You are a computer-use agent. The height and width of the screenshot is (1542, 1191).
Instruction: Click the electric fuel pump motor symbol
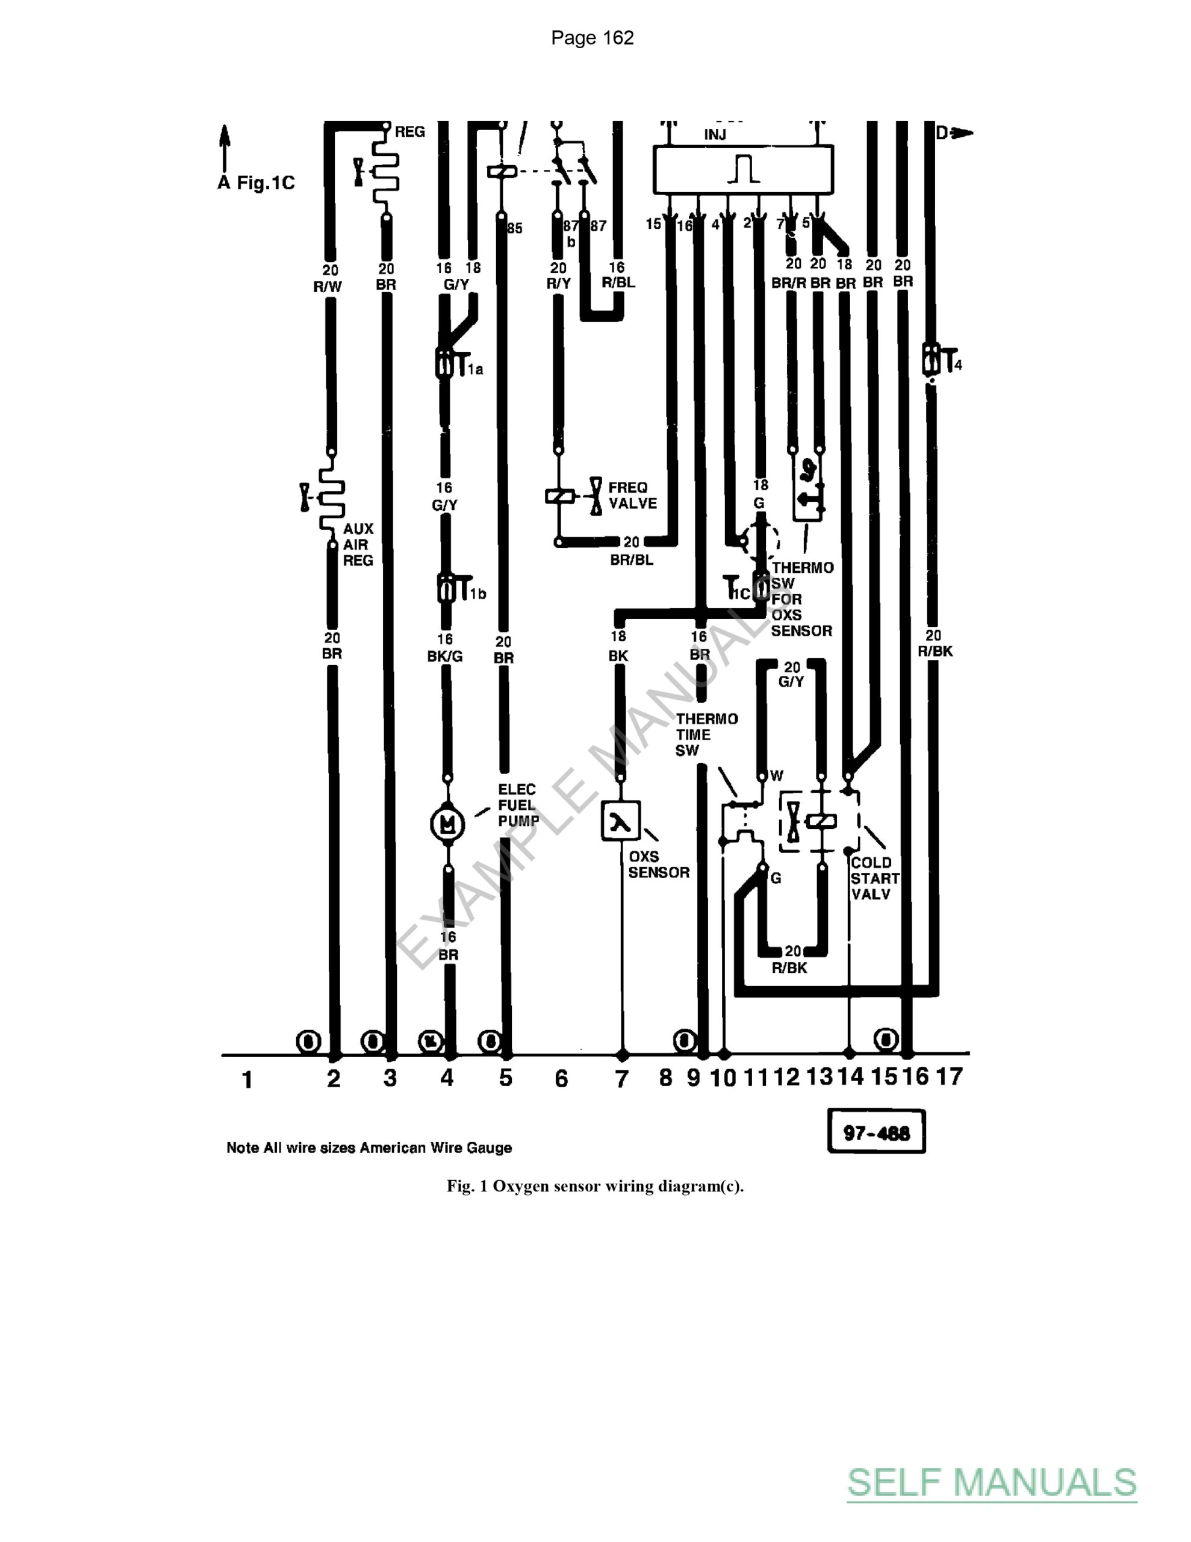pos(447,823)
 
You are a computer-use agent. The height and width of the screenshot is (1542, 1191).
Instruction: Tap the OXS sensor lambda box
pos(621,820)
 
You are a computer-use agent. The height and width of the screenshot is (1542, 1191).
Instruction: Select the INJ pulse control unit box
pos(742,169)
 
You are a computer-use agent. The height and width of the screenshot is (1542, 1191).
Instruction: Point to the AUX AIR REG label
pos(358,545)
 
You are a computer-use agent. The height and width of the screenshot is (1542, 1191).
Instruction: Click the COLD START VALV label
pos(875,878)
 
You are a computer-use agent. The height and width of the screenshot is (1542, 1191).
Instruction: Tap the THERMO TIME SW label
pos(706,734)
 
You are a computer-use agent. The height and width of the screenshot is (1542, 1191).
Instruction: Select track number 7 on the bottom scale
pos(621,1078)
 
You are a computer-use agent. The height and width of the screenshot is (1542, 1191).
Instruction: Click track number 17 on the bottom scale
pos(949,1077)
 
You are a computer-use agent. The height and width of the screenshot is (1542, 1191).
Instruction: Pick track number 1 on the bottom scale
pos(247,1079)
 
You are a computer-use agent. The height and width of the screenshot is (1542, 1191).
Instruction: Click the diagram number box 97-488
pos(876,1133)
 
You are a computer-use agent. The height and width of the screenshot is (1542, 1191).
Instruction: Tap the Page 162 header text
pos(592,38)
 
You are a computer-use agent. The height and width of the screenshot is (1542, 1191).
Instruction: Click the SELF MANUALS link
pos(992,1482)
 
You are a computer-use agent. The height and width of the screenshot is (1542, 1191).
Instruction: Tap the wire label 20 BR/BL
pos(632,551)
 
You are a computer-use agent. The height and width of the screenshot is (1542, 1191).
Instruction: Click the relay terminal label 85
pos(515,228)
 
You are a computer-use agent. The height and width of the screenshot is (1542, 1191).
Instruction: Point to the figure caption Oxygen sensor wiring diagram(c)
pos(595,1186)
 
